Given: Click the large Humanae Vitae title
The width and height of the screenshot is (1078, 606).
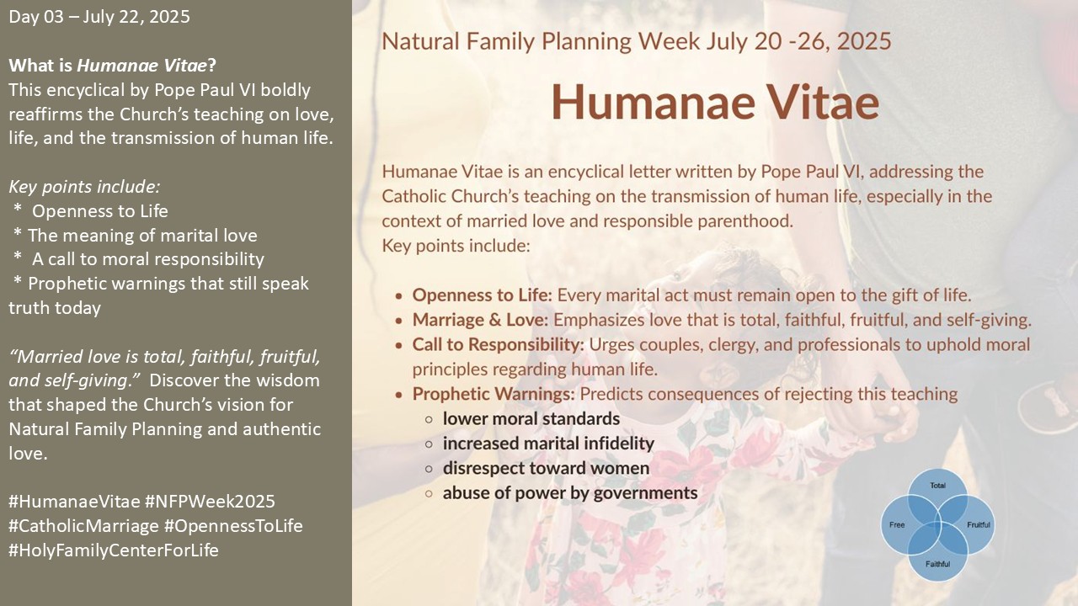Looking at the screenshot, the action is (715, 102).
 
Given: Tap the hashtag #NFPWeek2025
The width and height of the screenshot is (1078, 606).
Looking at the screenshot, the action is (210, 501).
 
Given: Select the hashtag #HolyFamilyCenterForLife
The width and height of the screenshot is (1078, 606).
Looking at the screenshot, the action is (114, 550).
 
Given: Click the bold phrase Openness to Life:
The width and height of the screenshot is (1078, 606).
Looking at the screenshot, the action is (483, 295).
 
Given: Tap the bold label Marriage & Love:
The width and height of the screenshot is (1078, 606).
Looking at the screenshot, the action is (480, 320).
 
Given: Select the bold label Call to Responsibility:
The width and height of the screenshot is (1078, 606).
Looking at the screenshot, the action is (498, 344).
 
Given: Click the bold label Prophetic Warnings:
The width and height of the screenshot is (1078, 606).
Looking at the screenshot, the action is (494, 394).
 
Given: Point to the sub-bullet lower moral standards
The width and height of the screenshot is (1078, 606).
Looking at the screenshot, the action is (531, 418).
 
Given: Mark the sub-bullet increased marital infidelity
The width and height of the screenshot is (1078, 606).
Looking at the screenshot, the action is (548, 444).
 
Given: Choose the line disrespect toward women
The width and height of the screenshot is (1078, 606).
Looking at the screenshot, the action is (547, 468).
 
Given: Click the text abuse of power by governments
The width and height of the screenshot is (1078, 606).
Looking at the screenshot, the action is (570, 493).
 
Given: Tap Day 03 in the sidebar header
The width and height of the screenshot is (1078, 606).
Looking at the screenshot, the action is (36, 17).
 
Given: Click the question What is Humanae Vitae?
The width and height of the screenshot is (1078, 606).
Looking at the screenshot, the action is (113, 66).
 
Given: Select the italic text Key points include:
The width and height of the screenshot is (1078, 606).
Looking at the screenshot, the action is (84, 187).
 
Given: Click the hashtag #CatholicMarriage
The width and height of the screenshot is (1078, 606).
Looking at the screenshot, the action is (83, 526).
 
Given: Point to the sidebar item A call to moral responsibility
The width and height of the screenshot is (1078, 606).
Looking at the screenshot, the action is (148, 259).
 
